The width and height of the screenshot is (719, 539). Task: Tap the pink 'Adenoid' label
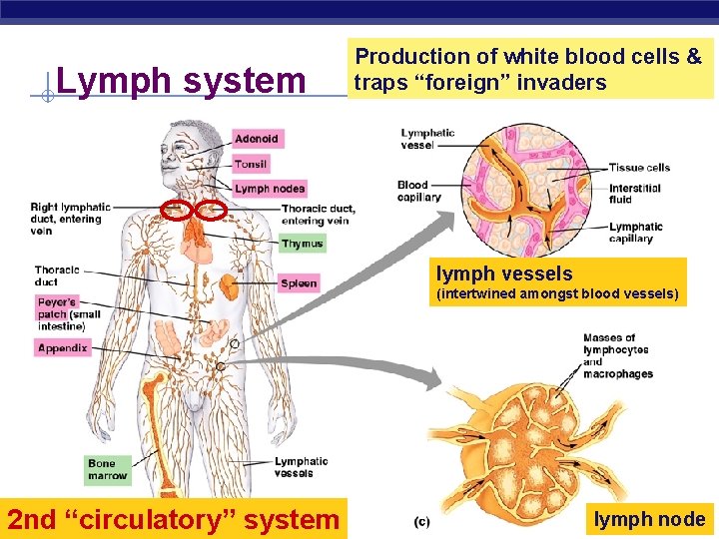point(257,139)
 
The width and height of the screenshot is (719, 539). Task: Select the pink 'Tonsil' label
point(252,164)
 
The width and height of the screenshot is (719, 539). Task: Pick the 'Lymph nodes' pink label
point(270,189)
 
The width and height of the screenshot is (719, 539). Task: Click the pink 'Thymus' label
point(302,244)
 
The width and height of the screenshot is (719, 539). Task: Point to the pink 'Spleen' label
point(299,283)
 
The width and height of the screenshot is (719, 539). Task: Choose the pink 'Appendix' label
point(63,348)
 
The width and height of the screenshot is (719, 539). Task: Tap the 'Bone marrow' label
point(107,469)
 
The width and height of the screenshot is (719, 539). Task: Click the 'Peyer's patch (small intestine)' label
point(67,313)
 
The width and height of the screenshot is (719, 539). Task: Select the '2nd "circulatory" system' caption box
point(174,519)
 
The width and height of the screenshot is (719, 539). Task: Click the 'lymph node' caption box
point(649,519)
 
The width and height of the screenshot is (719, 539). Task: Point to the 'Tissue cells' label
point(639,168)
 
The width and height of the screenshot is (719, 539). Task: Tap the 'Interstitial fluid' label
point(635,194)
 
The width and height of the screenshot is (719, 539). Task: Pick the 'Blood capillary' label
point(418,191)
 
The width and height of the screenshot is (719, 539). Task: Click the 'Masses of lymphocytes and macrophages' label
point(617,356)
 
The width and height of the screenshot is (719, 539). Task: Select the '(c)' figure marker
point(422,522)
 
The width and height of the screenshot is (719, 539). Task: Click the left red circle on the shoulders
point(176,210)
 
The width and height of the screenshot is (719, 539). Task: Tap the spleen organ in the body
point(230,288)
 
